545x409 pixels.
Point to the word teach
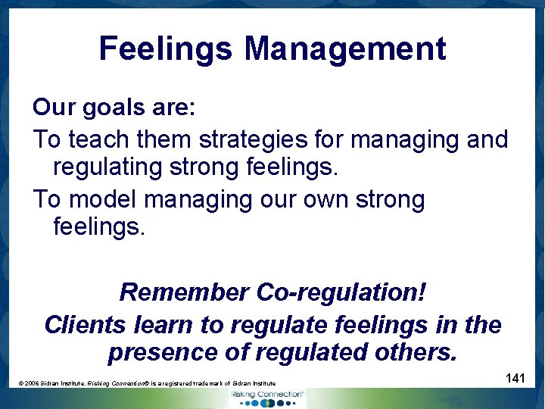tap(97, 139)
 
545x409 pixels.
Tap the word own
tap(328, 200)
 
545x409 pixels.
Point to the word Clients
tap(84, 325)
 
